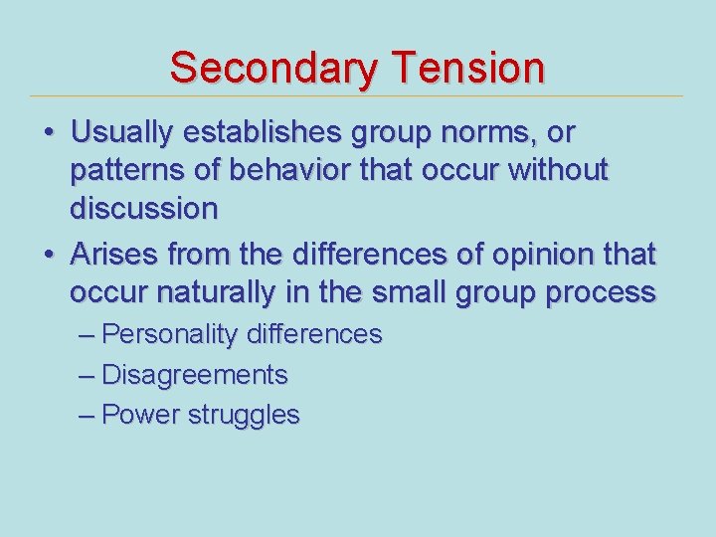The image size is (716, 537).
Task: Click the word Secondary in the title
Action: (x=273, y=69)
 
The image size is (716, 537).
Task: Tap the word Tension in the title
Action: (x=467, y=69)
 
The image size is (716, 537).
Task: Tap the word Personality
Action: (x=170, y=335)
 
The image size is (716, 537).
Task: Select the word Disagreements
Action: (x=195, y=375)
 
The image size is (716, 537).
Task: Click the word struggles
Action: (x=243, y=416)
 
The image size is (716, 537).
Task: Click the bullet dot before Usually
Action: (x=48, y=133)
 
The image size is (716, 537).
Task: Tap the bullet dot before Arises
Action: (x=48, y=256)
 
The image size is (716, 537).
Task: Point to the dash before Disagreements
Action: (x=87, y=375)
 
